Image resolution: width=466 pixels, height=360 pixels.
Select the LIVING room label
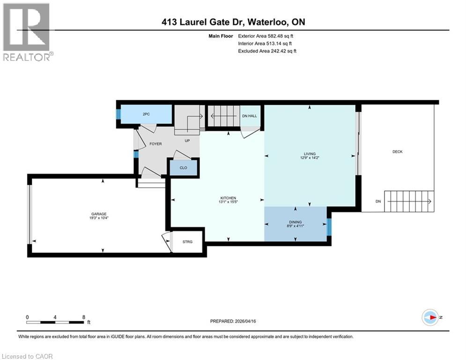[x=310, y=154]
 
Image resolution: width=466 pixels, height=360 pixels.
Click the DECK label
[x=397, y=151]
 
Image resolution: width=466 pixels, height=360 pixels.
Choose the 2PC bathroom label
[x=145, y=114]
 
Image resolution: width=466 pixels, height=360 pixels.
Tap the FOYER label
[x=155, y=144]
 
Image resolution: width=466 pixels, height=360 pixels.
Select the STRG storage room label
[x=187, y=242]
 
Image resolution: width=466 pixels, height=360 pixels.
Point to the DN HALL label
[x=248, y=116]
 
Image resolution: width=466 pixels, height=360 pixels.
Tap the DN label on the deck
[x=378, y=202]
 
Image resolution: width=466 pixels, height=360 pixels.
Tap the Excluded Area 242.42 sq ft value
[x=281, y=51]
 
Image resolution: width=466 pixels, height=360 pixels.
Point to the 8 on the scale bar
[x=83, y=317]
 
